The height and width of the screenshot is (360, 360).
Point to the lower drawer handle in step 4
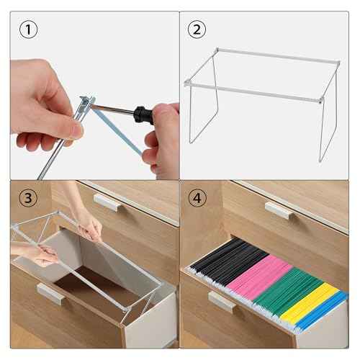[x=220, y=301]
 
